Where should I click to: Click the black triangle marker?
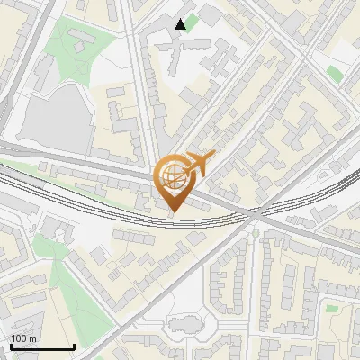pos(181,23)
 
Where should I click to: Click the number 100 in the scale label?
pos(18,338)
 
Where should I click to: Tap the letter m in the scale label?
pos(31,338)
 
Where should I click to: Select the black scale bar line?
pos(41,346)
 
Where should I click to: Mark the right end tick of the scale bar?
pos(74,345)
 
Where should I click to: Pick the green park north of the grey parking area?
pos(72,40)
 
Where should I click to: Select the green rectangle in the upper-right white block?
pos(335,72)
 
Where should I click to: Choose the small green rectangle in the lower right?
pos(332,309)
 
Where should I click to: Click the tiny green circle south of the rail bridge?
pos(255,233)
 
